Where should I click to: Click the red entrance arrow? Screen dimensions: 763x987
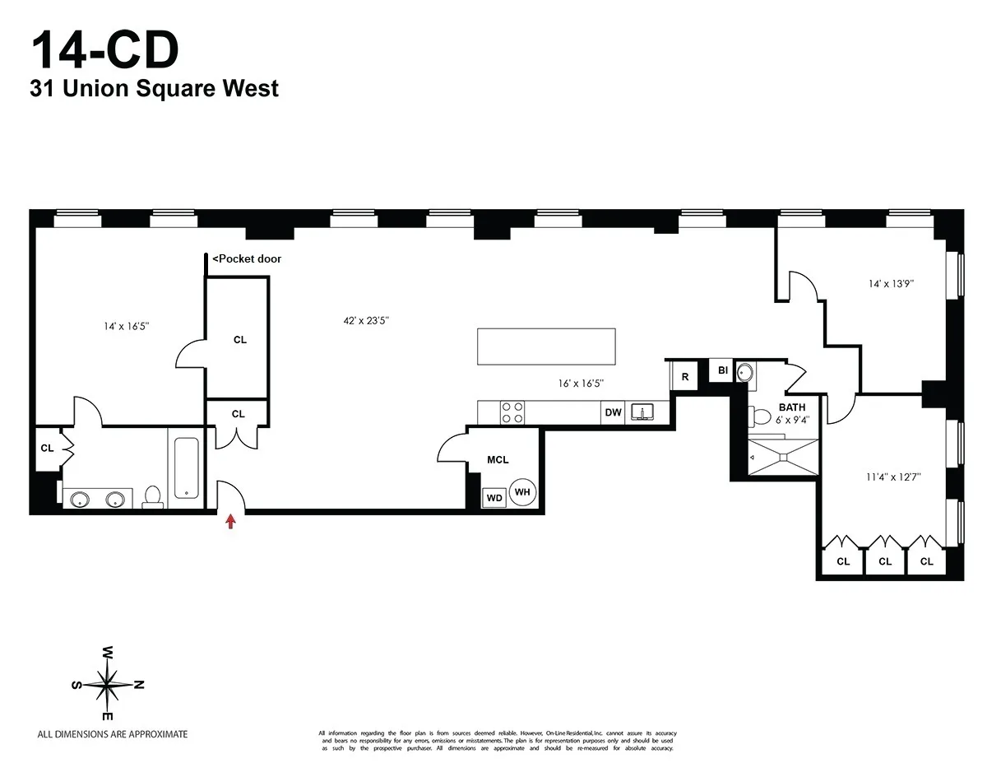point(231,520)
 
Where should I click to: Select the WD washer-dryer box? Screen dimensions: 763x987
point(493,498)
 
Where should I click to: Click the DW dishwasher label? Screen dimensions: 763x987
point(613,412)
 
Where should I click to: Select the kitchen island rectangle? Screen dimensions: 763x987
point(546,347)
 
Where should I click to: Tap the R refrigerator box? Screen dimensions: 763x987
point(684,376)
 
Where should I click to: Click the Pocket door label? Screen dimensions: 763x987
point(247,258)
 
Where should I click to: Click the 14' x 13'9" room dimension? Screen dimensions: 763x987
point(891,283)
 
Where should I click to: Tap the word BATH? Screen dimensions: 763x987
point(792,407)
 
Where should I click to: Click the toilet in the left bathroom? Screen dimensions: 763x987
point(152,495)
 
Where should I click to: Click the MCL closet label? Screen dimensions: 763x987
point(498,459)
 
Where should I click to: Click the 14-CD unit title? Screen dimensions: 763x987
point(104,50)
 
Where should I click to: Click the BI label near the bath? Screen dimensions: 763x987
point(722,371)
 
